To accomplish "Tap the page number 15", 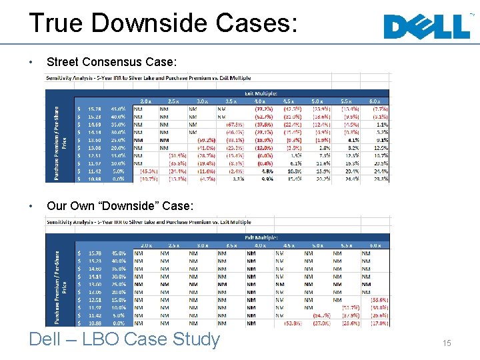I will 447,343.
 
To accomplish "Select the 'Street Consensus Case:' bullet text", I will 111,62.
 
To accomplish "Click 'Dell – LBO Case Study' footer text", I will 124,339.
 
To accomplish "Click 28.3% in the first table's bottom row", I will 381,179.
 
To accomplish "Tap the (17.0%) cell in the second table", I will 379,323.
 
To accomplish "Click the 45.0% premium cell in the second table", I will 119,253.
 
